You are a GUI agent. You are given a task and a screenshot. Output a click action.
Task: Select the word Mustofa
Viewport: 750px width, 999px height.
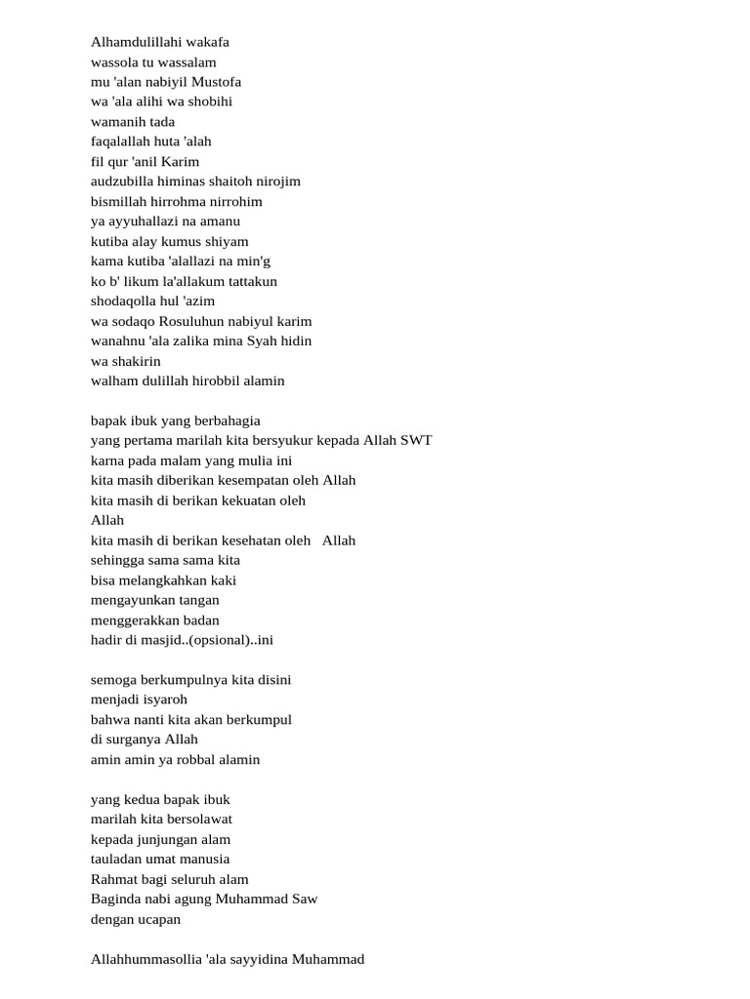[x=216, y=82]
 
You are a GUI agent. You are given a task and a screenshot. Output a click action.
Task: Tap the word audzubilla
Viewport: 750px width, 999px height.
[x=122, y=181]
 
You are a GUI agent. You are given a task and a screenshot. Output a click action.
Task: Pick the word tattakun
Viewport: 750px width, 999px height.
[x=251, y=281]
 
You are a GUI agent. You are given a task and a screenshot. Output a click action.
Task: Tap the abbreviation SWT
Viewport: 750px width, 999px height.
[x=416, y=440]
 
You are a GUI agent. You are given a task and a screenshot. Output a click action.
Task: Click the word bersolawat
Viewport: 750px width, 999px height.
[x=200, y=819]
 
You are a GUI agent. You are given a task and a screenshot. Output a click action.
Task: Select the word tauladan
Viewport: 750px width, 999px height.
[x=117, y=859]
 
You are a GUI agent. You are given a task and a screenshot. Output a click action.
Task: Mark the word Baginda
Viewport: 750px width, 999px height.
[x=115, y=899]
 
